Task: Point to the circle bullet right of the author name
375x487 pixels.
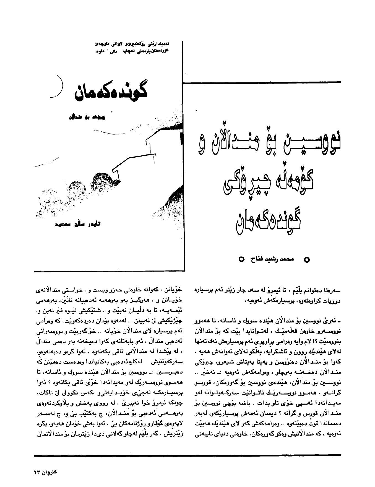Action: [307, 260]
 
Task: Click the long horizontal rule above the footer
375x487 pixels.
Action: [187, 455]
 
